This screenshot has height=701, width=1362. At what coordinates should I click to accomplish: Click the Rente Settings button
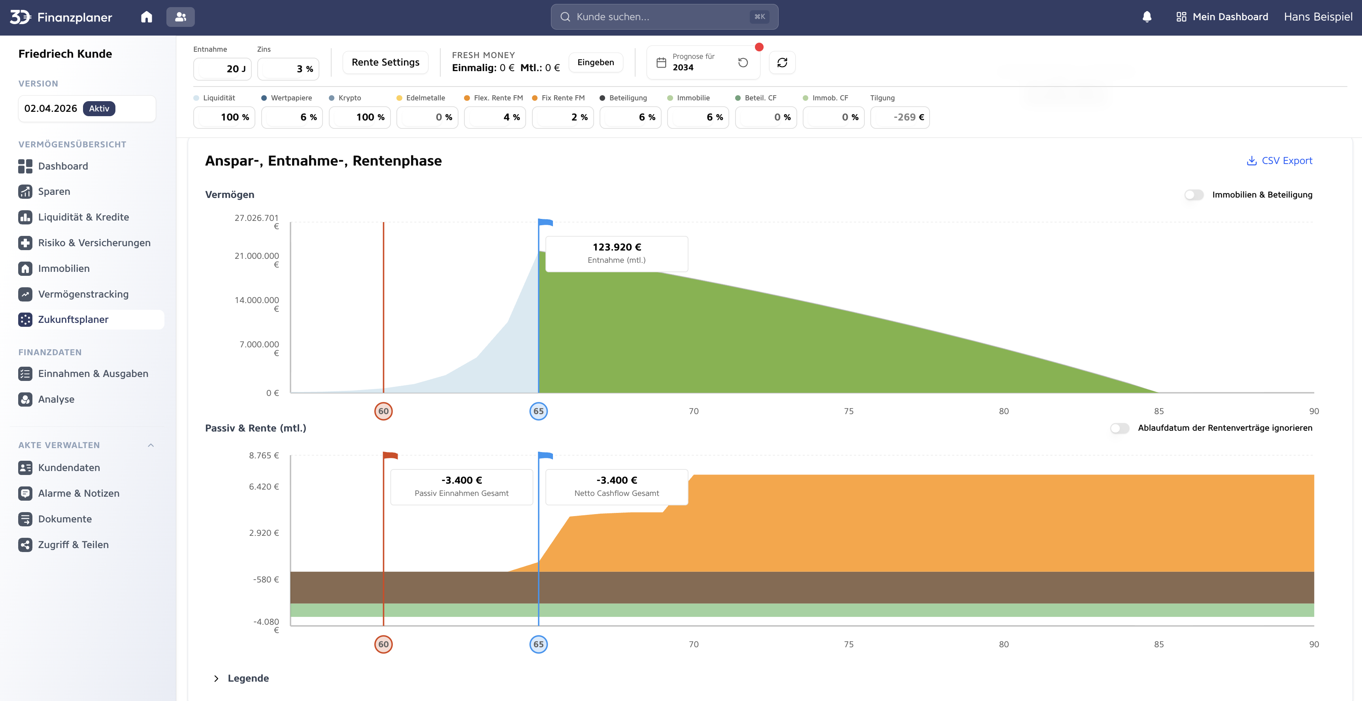(385, 62)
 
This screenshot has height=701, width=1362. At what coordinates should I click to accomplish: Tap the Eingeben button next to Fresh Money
(595, 62)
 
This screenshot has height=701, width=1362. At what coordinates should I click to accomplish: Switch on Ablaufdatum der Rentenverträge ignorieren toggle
(1119, 428)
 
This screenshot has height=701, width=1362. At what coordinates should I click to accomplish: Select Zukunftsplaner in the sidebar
(73, 319)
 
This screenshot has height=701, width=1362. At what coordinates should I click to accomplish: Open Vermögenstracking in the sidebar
(83, 294)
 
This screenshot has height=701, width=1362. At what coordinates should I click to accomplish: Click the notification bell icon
(1147, 17)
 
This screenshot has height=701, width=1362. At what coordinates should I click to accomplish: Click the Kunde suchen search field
(664, 17)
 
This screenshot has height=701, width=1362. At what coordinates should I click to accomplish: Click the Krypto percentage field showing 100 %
(360, 117)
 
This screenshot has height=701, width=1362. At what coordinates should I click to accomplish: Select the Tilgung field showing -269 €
(900, 117)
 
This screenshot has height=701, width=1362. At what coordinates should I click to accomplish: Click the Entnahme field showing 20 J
(223, 69)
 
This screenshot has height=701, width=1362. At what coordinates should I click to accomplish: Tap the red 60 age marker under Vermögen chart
(383, 411)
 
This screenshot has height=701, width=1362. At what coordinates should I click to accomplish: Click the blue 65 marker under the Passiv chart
(538, 644)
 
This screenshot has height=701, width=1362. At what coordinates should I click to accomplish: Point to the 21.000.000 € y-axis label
(257, 260)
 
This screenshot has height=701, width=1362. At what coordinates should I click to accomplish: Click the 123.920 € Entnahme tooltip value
(617, 247)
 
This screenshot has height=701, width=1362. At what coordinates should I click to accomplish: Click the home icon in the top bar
(147, 17)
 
